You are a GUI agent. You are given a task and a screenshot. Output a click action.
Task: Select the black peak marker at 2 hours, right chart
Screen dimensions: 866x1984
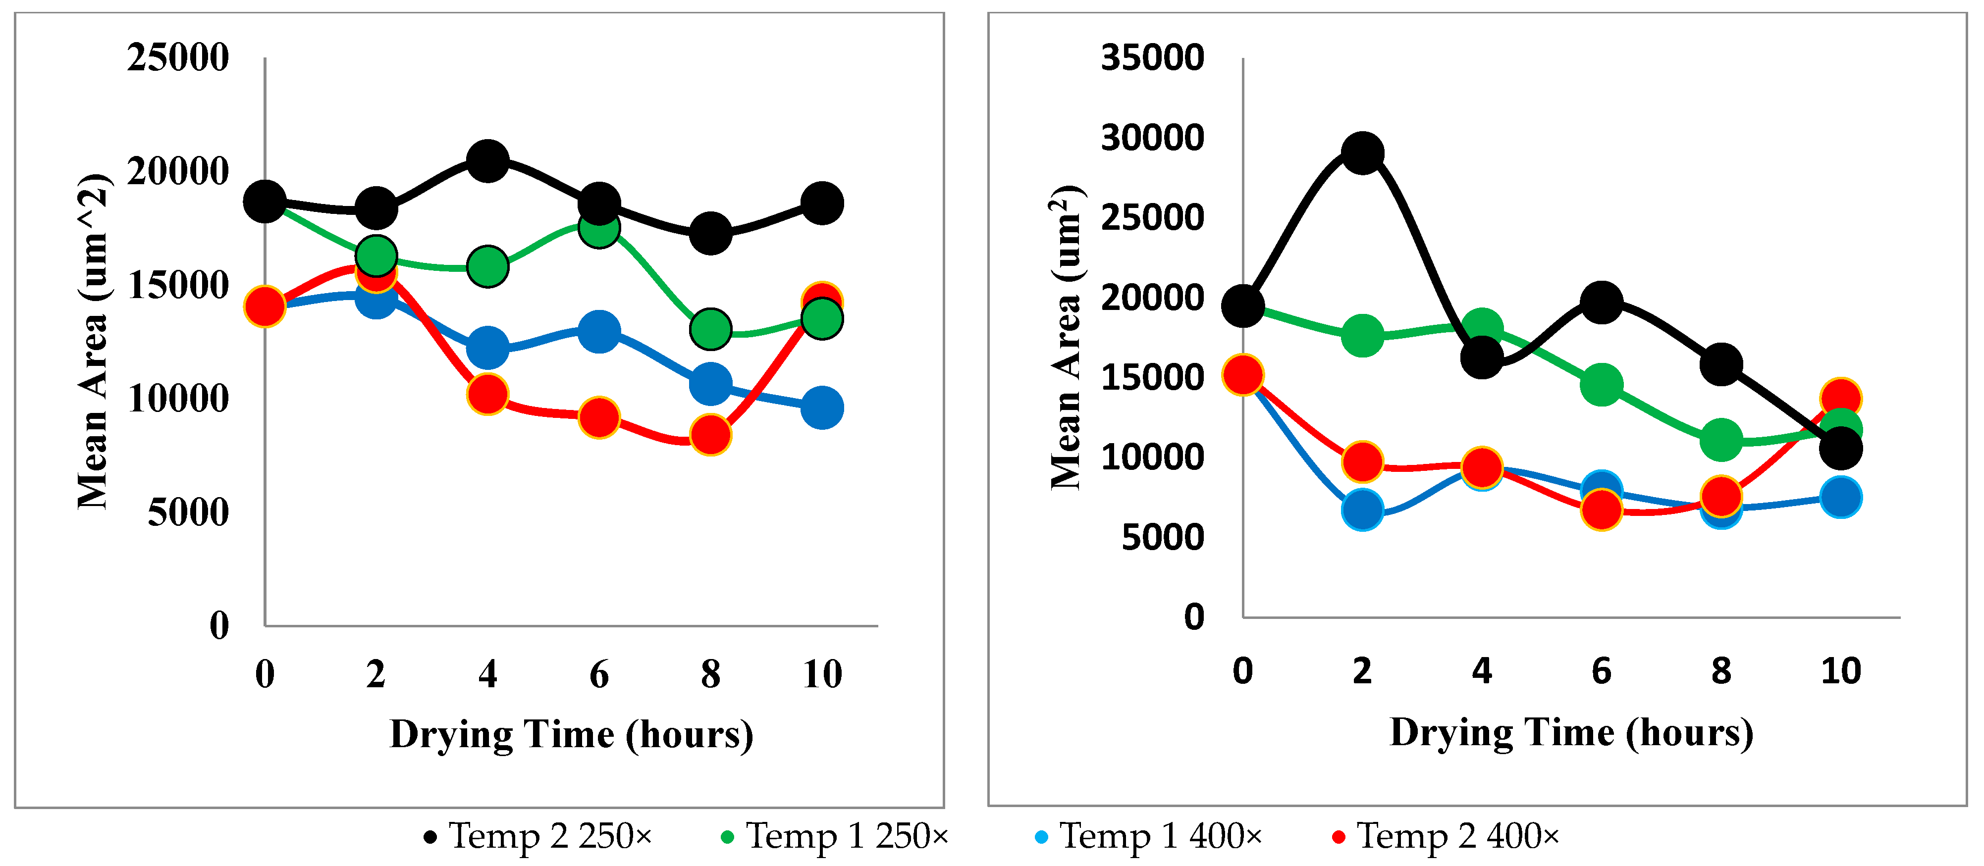point(1362,153)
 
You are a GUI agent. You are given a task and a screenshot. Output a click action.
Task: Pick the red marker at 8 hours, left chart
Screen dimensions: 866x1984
point(710,435)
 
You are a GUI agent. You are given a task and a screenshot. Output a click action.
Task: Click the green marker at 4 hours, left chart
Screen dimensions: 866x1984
point(487,267)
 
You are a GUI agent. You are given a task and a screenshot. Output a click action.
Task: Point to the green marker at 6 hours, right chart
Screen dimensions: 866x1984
point(1601,384)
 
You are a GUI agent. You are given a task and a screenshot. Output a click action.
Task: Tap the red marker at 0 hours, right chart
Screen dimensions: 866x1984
point(1242,375)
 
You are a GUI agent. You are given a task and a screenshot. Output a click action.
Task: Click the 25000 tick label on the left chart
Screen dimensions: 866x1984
point(178,58)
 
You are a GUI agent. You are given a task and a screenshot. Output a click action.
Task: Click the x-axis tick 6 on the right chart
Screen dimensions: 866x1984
point(1601,671)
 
